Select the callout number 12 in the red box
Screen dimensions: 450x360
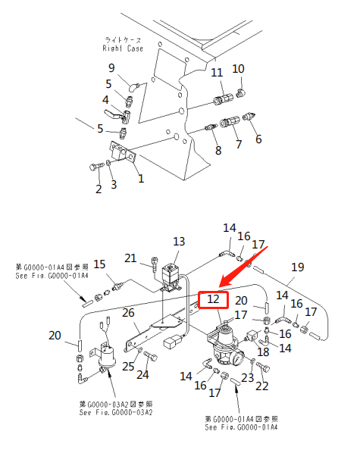(x=214, y=301)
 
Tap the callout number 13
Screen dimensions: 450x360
(x=178, y=241)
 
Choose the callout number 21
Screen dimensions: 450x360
(x=130, y=258)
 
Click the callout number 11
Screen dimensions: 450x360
(x=217, y=73)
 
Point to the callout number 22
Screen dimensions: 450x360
(x=262, y=386)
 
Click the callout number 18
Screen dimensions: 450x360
(x=263, y=352)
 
